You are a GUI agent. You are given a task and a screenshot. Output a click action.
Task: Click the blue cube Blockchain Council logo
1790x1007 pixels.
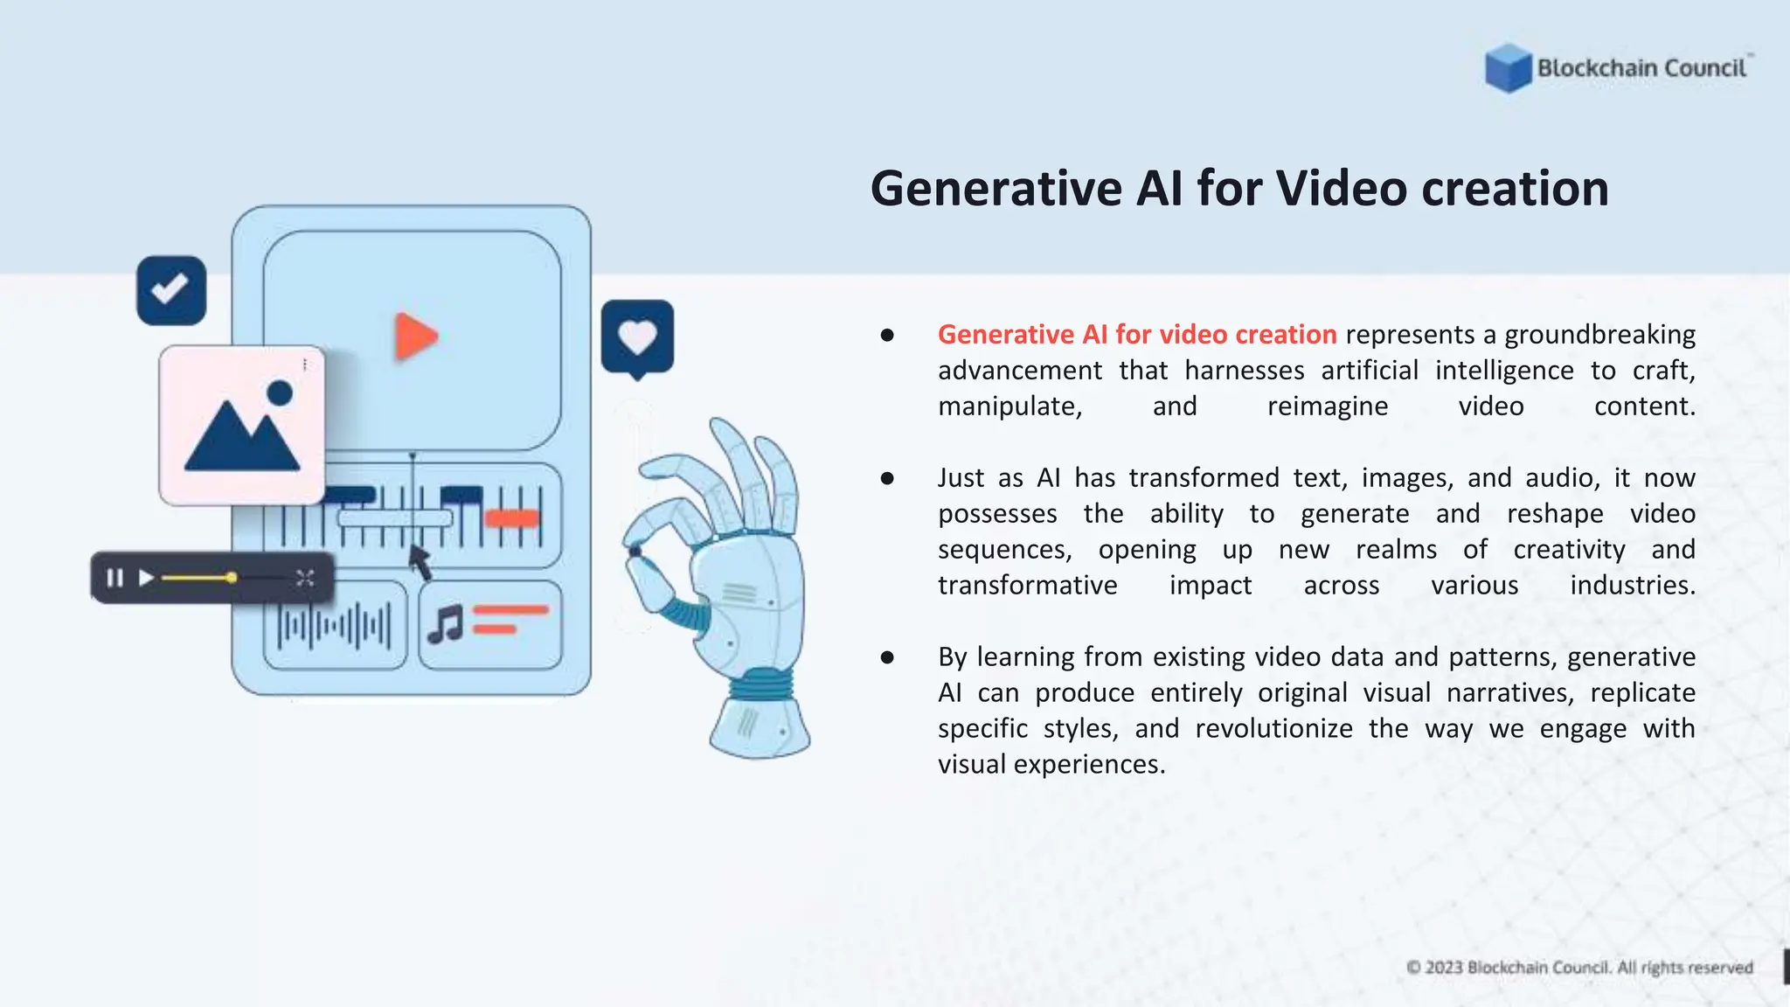pos(1508,68)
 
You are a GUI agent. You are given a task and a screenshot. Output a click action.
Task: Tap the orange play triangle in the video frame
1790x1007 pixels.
pos(415,337)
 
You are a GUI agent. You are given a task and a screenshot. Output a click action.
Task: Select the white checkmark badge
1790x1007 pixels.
pos(170,289)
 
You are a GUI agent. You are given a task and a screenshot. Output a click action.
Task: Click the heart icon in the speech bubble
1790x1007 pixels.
pos(637,337)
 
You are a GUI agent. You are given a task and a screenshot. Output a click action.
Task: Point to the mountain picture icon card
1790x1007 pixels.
pos(242,426)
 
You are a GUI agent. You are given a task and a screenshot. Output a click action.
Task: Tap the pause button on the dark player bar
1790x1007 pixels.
pos(114,578)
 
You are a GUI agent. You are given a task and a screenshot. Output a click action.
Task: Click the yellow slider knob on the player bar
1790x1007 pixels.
pos(231,578)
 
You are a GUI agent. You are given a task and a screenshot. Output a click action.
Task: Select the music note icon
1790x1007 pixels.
pos(446,624)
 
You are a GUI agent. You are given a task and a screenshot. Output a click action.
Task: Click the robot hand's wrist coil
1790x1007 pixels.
pos(760,684)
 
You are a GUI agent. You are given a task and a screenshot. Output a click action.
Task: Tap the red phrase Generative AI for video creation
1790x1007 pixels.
pos(1136,335)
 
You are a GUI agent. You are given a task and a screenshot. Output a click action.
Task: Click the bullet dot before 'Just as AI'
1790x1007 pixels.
pos(887,478)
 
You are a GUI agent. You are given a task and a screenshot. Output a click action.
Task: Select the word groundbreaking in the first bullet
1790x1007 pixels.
pos(1599,335)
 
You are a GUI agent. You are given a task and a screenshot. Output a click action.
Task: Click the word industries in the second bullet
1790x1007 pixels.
pos(1632,585)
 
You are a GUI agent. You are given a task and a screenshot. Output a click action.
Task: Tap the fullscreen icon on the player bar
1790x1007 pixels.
pos(304,578)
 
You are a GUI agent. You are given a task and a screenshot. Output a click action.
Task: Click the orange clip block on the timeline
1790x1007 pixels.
pos(512,518)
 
